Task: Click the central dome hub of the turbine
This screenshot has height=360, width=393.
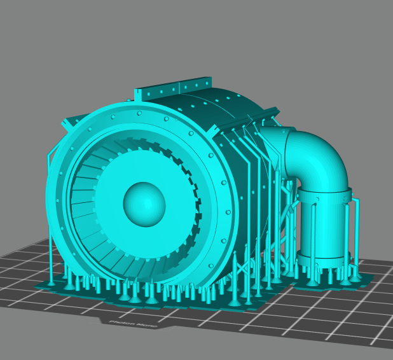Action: click(x=144, y=204)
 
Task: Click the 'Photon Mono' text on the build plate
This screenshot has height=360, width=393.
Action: click(x=133, y=322)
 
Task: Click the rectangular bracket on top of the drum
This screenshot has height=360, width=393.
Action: click(x=175, y=90)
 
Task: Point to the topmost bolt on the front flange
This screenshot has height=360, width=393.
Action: click(x=139, y=113)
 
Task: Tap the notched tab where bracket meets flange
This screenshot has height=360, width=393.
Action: click(x=137, y=97)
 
